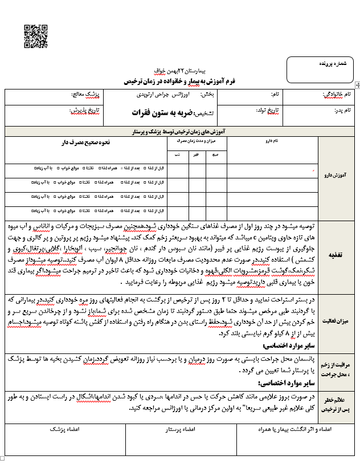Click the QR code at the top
point(35,36)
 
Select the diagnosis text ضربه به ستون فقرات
point(149,112)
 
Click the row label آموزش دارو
point(338,177)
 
